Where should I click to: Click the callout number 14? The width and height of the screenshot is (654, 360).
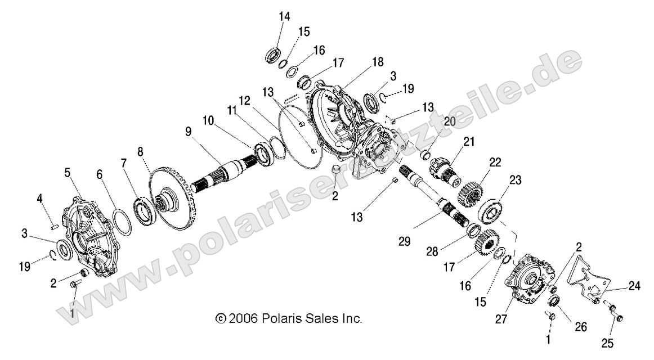[284, 16]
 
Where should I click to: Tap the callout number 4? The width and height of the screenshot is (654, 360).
[40, 197]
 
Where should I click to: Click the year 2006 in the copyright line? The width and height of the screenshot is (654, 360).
[244, 319]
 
